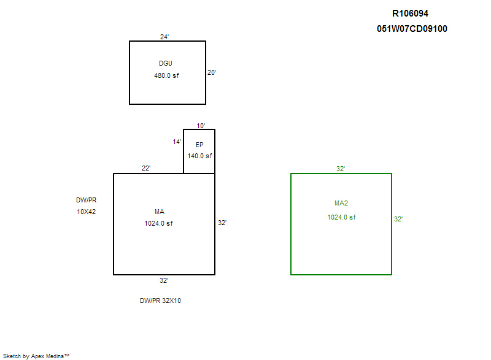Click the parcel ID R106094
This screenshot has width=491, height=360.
point(410,13)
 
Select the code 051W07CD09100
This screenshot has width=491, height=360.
point(412,29)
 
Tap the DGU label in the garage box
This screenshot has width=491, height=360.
point(166,64)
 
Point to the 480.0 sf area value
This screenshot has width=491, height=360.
point(166,75)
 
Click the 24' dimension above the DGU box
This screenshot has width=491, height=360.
point(164,37)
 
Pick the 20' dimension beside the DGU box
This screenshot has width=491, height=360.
point(212,72)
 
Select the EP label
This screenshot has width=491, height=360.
point(199,145)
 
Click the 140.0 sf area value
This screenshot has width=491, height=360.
point(200,156)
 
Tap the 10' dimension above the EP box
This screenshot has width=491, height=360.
point(201,126)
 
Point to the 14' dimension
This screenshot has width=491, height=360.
point(177,142)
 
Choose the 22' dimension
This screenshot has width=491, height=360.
point(146,168)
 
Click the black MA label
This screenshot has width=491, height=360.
point(160,212)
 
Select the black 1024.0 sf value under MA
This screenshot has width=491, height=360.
point(158,223)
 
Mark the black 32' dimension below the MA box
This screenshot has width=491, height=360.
point(164,280)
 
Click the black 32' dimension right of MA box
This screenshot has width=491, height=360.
point(222,223)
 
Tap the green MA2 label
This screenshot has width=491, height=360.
point(341,203)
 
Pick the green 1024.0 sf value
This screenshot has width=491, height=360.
point(341,217)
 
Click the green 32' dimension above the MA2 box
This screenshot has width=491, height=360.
point(341,169)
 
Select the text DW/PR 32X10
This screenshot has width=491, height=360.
point(160,301)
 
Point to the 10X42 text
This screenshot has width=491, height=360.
point(87,212)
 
